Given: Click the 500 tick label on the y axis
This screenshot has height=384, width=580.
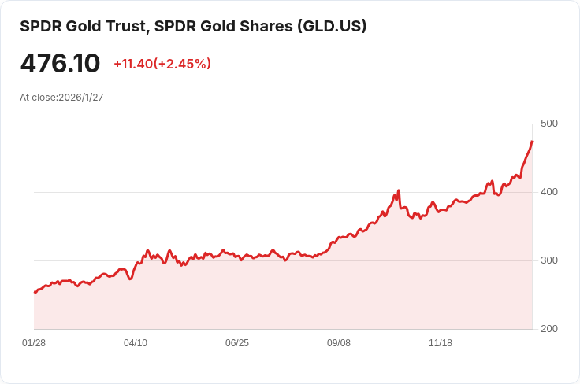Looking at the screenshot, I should coord(549,124).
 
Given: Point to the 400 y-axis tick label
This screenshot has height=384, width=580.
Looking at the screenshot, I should coord(549,192).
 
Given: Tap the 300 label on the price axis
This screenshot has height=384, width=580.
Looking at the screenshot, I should coord(549,260).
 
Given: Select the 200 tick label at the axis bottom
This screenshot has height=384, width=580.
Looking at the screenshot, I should coord(549,329).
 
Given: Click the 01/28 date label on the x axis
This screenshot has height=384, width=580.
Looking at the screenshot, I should coord(34,343).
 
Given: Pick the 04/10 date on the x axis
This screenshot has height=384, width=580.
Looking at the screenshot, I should coord(136,343).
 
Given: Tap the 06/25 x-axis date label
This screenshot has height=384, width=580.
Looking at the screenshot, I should coord(237,343).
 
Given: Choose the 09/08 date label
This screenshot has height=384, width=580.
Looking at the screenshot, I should coord(339,343).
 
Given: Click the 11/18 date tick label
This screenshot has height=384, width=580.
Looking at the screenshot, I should coord(441,343).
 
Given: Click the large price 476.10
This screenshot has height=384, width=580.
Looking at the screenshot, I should coord(60,64).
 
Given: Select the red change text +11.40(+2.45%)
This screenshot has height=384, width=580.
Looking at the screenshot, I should coord(162,64).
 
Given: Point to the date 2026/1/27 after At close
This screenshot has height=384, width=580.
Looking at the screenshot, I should coord(81,98).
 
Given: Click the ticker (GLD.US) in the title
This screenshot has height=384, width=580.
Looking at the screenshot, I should coord(331,26).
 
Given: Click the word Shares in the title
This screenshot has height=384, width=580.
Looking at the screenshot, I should coord(264,26).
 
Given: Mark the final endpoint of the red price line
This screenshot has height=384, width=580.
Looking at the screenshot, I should coord(532,142).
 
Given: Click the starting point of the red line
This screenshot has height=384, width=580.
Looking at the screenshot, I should coord(35,292).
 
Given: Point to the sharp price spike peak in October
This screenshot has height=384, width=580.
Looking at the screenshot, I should coord(399,190).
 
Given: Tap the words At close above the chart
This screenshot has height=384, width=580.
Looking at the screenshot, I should coord(37,98).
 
